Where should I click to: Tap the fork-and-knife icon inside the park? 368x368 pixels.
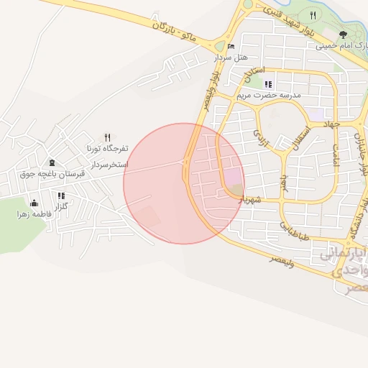[312, 15]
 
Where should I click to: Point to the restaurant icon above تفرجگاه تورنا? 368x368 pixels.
[107, 137]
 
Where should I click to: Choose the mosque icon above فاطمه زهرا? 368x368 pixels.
[33, 203]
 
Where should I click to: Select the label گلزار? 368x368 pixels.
[61, 206]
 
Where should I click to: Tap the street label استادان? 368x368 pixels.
[254, 73]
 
